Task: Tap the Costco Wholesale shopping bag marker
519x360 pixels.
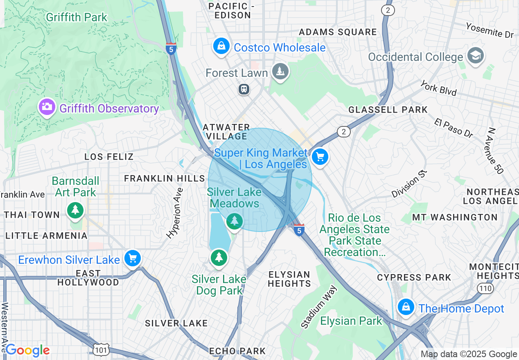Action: coord(221,46)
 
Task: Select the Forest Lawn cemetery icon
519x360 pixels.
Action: coord(280,72)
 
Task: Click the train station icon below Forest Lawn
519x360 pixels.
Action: coord(244,89)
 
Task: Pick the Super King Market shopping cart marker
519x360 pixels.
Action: coord(320,157)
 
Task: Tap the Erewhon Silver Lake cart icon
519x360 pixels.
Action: coord(133,258)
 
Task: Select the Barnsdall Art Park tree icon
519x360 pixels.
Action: coord(75,210)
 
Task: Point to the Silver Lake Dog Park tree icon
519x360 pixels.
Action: coord(219,257)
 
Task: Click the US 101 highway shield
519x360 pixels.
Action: coord(101,350)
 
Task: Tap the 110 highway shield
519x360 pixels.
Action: coord(485,288)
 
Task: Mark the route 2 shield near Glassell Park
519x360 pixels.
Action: coord(344,131)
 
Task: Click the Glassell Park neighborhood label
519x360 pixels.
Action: coord(388,110)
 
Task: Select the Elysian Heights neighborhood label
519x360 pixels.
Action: coord(289,279)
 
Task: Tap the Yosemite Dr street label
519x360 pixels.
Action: coord(489,30)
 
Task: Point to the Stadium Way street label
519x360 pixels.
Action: coord(319,307)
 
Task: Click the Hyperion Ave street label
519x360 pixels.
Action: coord(174,213)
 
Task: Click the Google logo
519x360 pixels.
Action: coord(27,350)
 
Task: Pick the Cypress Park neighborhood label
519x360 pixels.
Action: coord(414,277)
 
